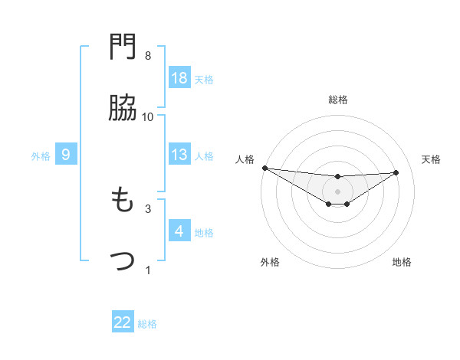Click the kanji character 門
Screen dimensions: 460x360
(123, 49)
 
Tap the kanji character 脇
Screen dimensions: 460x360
(123, 109)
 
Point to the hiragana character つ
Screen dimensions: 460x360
(123, 261)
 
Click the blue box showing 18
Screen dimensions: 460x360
(179, 78)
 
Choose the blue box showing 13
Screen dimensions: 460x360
(179, 155)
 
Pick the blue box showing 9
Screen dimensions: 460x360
(66, 155)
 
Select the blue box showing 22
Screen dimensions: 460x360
(123, 322)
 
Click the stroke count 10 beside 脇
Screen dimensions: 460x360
(148, 117)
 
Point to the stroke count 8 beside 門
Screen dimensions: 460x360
(148, 57)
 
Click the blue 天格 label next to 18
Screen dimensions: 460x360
(204, 79)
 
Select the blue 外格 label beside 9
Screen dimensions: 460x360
(41, 156)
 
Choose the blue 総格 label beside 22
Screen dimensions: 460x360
(147, 324)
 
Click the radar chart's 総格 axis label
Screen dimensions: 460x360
(337, 100)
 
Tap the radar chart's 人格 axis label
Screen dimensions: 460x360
(245, 159)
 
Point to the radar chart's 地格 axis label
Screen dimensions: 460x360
(402, 262)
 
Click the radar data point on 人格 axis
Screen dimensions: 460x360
(264, 168)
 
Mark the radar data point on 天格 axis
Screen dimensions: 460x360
(396, 172)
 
